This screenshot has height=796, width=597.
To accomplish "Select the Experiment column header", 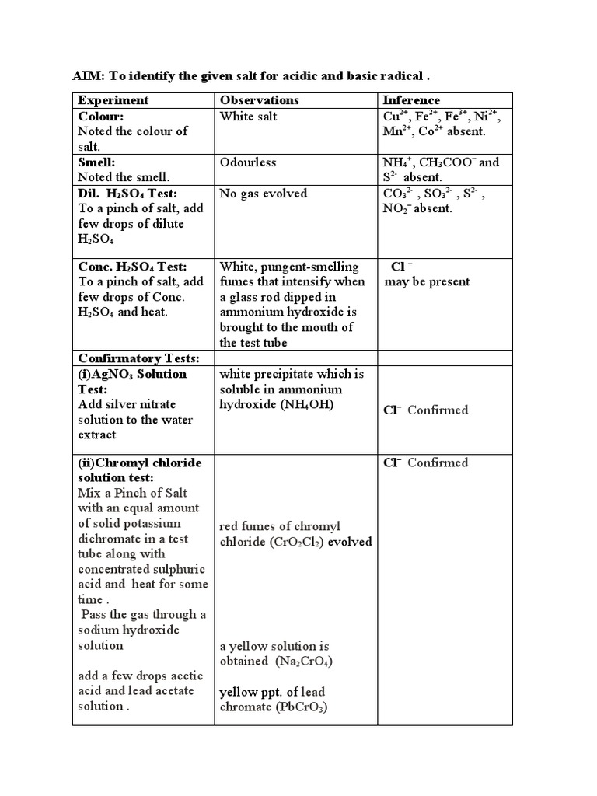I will click(x=113, y=100).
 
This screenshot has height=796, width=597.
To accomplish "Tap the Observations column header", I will click(x=259, y=100).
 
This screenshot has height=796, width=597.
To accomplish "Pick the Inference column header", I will click(x=411, y=100).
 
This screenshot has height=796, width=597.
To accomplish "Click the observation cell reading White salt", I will click(x=248, y=116).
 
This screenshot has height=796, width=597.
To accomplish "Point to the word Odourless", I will click(x=248, y=162).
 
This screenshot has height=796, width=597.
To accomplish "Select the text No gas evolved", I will click(x=263, y=194).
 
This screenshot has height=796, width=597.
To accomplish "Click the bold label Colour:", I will click(x=101, y=116).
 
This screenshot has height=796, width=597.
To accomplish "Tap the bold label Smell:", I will click(x=98, y=162).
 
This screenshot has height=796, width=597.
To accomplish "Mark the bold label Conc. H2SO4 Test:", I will click(x=132, y=267).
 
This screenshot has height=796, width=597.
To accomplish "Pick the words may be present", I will click(x=427, y=281).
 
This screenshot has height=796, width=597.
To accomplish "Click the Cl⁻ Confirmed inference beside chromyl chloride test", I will click(x=426, y=463).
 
